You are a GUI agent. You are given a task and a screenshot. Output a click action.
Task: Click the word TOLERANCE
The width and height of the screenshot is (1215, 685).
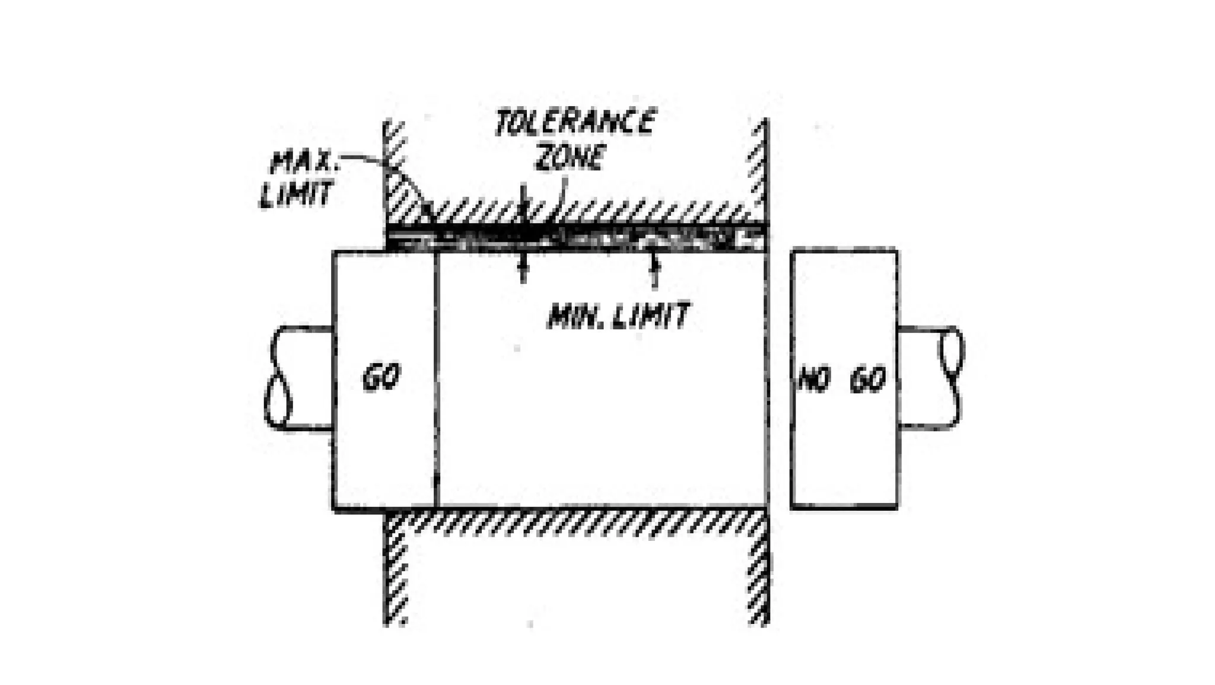(574, 123)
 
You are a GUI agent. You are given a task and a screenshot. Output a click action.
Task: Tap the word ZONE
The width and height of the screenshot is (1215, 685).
(571, 157)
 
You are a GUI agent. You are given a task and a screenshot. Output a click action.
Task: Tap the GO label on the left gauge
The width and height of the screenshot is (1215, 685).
(381, 377)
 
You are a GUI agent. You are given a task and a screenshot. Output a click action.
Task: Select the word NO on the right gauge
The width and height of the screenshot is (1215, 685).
(813, 379)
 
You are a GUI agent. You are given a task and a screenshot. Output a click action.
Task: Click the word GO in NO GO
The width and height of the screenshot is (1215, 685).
(868, 380)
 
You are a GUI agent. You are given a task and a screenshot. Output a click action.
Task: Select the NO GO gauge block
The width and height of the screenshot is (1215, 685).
(844, 439)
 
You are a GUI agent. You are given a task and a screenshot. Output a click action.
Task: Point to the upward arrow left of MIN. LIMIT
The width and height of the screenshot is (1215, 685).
(523, 270)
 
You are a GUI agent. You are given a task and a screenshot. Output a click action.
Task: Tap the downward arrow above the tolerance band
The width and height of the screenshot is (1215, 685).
(523, 202)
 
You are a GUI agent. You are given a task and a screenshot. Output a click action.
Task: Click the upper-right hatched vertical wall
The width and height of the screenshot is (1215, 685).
(758, 166)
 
